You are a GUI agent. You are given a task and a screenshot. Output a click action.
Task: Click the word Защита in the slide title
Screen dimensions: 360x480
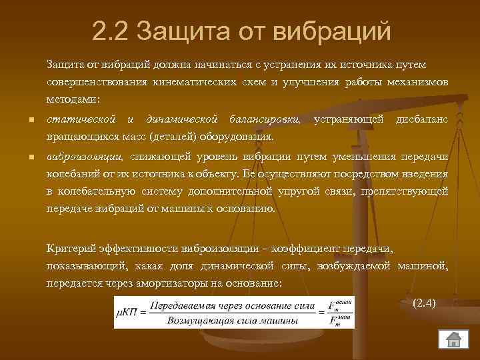tap(177, 31)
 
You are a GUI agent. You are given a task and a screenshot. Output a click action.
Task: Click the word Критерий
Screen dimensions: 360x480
tap(68, 249)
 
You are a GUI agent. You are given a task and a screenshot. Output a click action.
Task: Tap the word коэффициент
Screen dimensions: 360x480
tap(289, 249)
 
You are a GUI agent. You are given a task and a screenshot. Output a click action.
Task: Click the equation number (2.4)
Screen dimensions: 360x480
tap(425, 303)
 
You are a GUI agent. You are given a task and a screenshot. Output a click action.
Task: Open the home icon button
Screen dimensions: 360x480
tap(454, 339)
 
